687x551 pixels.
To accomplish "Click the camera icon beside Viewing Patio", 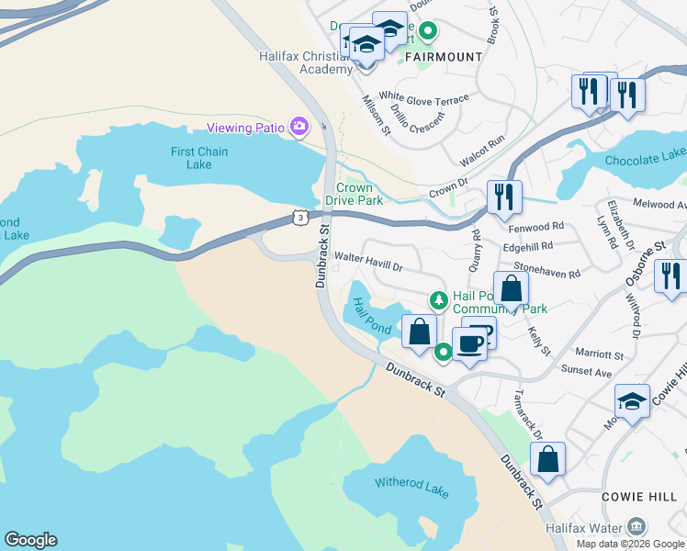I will coord(298,127).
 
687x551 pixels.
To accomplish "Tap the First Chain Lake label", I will coord(199,158).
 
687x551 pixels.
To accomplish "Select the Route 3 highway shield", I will coord(299,217).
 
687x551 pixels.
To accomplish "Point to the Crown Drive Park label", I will coord(354,194).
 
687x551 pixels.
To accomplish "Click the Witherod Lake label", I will coord(411,488).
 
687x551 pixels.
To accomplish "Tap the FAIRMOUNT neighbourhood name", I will coord(444,57).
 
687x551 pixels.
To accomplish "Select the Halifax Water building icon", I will coord(636,526).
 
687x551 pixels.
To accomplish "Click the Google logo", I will coord(30,540).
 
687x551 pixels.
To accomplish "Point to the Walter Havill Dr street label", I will coord(368,262).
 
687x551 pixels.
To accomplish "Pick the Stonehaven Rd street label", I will coord(547,273).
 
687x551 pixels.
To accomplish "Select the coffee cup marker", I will coord(469,344).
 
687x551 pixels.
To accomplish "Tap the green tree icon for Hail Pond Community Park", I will coord(440,299).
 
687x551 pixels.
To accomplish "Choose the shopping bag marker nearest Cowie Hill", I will coord(547,459).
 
